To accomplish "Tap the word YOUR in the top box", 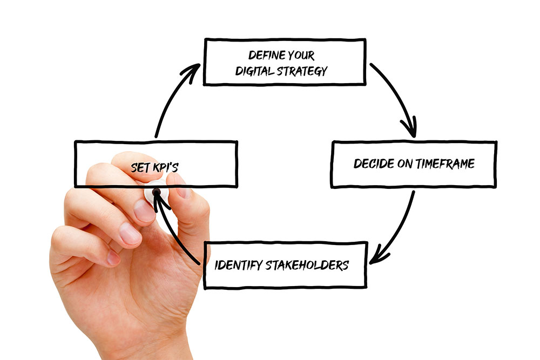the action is pyautogui.click(x=301, y=56).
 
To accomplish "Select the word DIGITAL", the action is pyautogui.click(x=255, y=71).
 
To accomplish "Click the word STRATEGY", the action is pyautogui.click(x=302, y=71).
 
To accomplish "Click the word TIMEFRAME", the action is pyautogui.click(x=444, y=164).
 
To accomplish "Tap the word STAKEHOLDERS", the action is pyautogui.click(x=307, y=266).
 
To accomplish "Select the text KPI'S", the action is pyautogui.click(x=165, y=167).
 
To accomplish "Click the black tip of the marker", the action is pyautogui.click(x=157, y=192).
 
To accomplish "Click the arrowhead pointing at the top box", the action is pyautogui.click(x=191, y=72).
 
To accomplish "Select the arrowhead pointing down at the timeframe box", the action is pyautogui.click(x=410, y=127).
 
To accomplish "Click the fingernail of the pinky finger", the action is pyautogui.click(x=113, y=257).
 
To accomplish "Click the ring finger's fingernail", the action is pyautogui.click(x=130, y=234).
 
